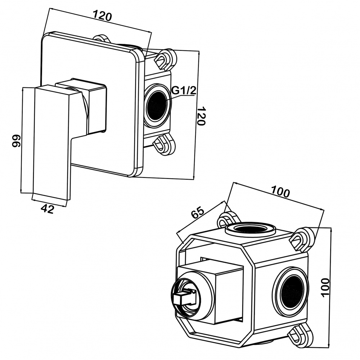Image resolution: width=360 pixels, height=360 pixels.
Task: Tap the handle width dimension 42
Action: tap(47, 209)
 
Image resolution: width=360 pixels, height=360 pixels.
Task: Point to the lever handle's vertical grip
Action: tap(50, 144)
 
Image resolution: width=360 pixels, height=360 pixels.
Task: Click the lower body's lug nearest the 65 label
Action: tap(227, 219)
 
